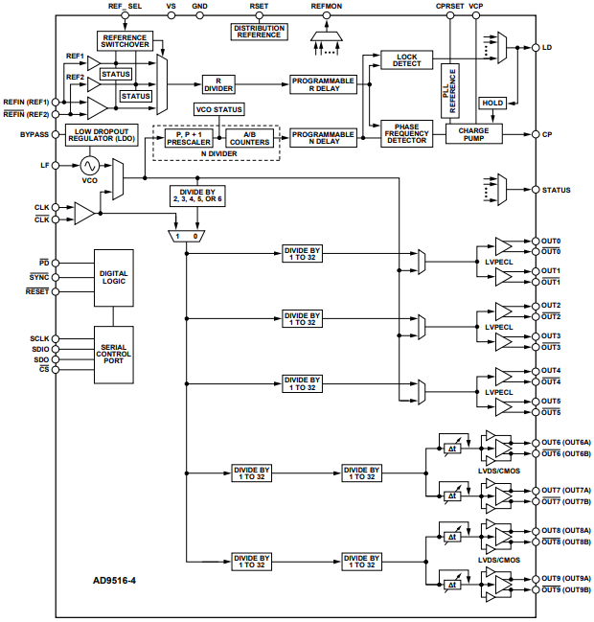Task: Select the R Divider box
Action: pos(218,86)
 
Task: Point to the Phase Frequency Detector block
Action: pos(406,133)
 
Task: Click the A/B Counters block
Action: pos(248,137)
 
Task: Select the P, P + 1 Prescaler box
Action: pos(187,137)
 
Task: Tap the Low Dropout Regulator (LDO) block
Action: pos(102,136)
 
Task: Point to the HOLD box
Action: pos(492,103)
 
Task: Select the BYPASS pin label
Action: pos(34,134)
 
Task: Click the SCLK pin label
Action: pos(37,338)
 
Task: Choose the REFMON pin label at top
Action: pos(326,7)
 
